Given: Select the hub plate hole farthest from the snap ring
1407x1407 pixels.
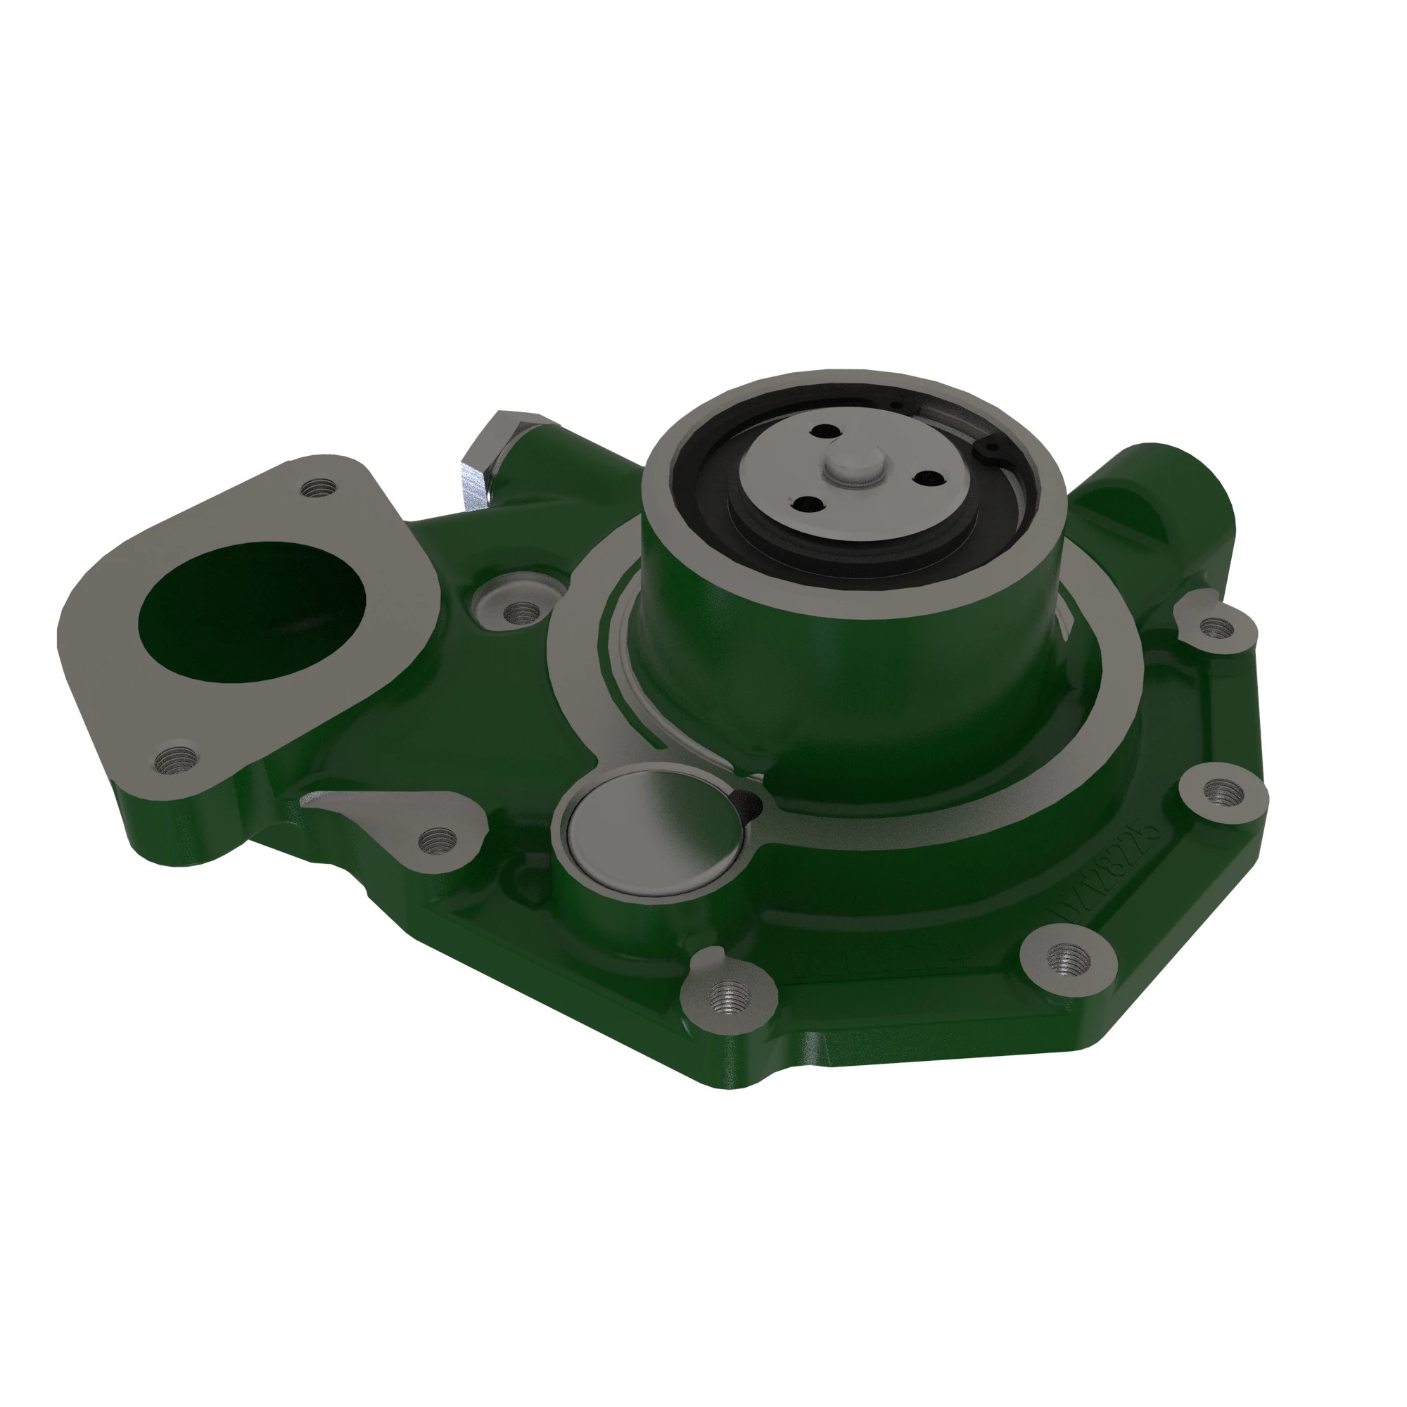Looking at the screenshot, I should tap(804, 504).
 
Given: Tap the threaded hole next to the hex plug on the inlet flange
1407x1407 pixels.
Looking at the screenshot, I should tap(318, 487).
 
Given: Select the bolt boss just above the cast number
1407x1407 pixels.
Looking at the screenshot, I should tap(1219, 789).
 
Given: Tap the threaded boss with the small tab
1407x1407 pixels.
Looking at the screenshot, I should tap(729, 993).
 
